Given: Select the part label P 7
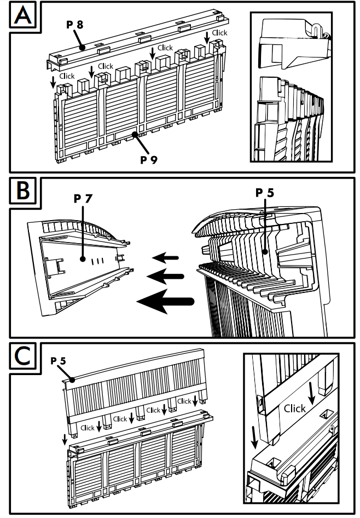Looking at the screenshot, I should click(x=83, y=198).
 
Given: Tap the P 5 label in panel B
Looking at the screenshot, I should click(x=265, y=193).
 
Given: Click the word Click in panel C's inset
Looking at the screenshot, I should click(x=295, y=408).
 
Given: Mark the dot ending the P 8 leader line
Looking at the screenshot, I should click(x=83, y=48).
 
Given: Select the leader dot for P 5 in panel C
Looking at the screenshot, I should click(x=72, y=379).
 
